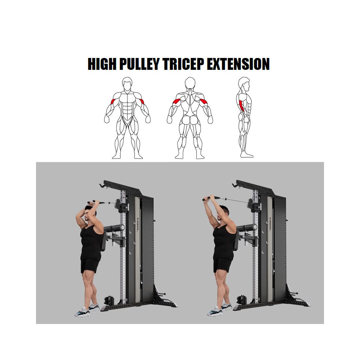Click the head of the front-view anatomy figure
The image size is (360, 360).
[127, 84]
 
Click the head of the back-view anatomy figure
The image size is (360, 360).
[190, 83]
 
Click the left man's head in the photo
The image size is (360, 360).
[90, 212]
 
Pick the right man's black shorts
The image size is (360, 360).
[223, 265]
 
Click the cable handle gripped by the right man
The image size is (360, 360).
[210, 198]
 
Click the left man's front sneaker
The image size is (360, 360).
[82, 312]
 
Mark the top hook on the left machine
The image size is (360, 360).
[103, 185]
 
